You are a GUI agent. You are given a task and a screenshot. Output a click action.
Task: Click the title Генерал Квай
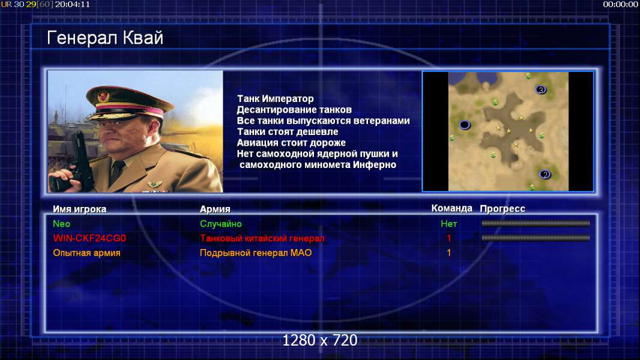pyautogui.click(x=105, y=38)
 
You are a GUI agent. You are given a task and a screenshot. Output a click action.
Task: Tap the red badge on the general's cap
pyautogui.click(x=103, y=97)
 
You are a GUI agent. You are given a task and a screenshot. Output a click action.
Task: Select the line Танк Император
pyautogui.click(x=276, y=98)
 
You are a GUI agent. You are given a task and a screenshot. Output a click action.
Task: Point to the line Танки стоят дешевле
pyautogui.click(x=288, y=131)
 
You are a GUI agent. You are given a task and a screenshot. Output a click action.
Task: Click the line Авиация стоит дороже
pyautogui.click(x=291, y=143)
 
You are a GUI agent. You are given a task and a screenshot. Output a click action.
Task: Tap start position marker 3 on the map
pyautogui.click(x=541, y=89)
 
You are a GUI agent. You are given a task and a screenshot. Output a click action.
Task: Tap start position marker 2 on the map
pyautogui.click(x=545, y=175)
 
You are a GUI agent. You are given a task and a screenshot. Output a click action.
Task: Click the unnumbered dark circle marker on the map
pyautogui.click(x=465, y=125)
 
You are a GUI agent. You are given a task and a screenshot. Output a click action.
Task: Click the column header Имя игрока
pyautogui.click(x=80, y=209)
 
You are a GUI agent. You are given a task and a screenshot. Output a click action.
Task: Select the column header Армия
pyautogui.click(x=215, y=209)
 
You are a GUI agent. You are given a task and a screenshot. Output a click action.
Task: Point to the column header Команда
pyautogui.click(x=452, y=208)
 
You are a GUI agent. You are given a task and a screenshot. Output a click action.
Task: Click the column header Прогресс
pyautogui.click(x=503, y=209)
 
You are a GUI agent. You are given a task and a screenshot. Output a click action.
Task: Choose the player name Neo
pyautogui.click(x=62, y=224)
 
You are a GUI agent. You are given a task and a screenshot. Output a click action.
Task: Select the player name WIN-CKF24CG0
pyautogui.click(x=89, y=238)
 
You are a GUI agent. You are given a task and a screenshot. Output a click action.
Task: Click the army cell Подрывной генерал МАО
pyautogui.click(x=256, y=253)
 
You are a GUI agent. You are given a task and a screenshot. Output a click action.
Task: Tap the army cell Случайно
pyautogui.click(x=221, y=224)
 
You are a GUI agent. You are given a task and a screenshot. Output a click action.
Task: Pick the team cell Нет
pyautogui.click(x=449, y=224)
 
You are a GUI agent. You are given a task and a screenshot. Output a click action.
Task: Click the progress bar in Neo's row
pyautogui.click(x=536, y=223)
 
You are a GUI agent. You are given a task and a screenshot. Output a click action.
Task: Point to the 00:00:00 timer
pyautogui.click(x=620, y=4)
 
